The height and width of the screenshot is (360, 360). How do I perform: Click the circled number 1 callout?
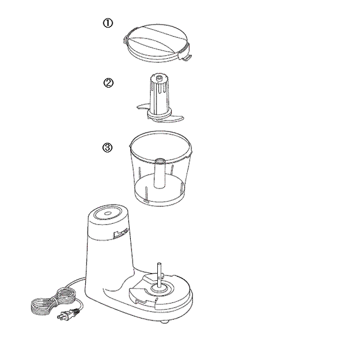coord(107,23)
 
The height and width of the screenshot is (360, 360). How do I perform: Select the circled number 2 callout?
coord(109,83)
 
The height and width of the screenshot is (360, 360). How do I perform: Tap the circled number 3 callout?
coord(107,148)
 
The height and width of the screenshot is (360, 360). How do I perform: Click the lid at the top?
coord(157,43)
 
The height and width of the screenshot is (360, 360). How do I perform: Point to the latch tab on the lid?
coord(186,57)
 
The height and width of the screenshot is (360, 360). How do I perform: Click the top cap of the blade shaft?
coord(158,77)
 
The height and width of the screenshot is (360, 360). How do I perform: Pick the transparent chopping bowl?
coord(160,168)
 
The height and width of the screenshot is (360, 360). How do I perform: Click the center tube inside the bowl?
coord(160,173)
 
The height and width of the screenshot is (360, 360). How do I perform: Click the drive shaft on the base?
coord(159,275)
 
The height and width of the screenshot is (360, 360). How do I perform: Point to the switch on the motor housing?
coord(121,233)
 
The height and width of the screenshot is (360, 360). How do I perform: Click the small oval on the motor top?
coord(107,214)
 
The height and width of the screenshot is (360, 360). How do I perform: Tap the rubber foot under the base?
coord(164,322)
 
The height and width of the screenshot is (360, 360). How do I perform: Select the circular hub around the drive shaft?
coord(160,288)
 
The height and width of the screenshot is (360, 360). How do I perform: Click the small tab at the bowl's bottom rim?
coord(146,202)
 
